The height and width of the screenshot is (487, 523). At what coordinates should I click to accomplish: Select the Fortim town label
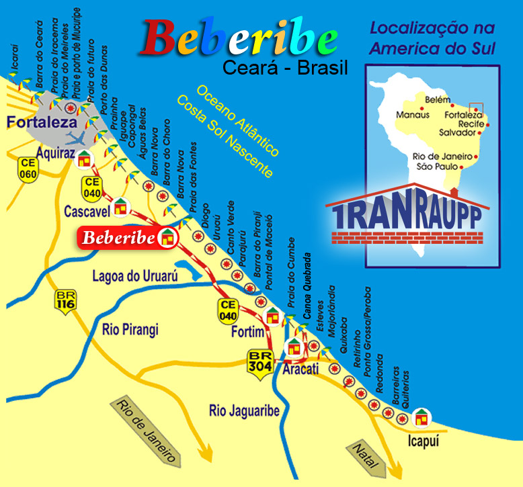pyautogui.click(x=246, y=333)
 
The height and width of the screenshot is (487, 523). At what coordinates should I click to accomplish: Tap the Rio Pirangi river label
pyautogui.click(x=130, y=330)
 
